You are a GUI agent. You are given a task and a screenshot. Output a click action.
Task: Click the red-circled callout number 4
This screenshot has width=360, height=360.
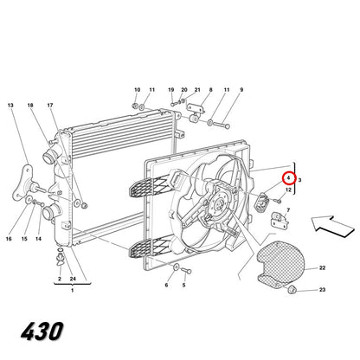pyautogui.click(x=288, y=178)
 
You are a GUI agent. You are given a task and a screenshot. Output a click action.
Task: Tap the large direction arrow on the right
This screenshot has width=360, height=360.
pyautogui.click(x=332, y=227)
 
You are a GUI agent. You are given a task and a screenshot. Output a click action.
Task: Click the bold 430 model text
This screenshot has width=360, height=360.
pyautogui.click(x=42, y=331)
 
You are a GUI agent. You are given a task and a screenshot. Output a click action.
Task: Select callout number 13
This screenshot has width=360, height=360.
pyautogui.click(x=10, y=106)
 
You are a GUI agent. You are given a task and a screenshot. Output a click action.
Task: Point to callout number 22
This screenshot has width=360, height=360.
pyautogui.click(x=322, y=268)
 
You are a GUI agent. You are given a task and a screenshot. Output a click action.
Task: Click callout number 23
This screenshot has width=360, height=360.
pyautogui.click(x=322, y=290)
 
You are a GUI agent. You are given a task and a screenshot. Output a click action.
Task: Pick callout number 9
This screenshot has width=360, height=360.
pyautogui.click(x=241, y=90)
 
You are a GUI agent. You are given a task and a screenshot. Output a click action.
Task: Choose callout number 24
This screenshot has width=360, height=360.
pyautogui.click(x=73, y=279)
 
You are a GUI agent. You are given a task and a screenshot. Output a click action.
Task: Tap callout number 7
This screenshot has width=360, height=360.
pyautogui.click(x=288, y=210)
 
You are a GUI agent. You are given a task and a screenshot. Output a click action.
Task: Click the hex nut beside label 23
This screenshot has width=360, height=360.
pyautogui.click(x=292, y=289)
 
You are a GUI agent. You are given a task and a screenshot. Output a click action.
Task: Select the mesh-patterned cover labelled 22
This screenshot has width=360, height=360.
pyautogui.click(x=280, y=262)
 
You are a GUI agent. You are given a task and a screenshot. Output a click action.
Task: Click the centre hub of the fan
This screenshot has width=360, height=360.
pyautogui.click(x=217, y=205)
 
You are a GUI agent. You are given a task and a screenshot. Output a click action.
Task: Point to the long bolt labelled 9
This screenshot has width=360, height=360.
pyautogui.click(x=219, y=125)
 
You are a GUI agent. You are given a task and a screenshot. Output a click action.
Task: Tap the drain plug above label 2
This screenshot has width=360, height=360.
pyautogui.click(x=61, y=258)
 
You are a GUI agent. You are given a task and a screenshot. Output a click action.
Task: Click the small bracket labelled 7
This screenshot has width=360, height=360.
pyautogui.click(x=280, y=221)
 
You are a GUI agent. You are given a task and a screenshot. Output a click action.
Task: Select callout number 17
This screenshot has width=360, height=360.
pyautogui.click(x=50, y=106)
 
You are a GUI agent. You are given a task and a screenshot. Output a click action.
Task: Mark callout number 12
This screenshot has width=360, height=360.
pyautogui.click(x=288, y=190)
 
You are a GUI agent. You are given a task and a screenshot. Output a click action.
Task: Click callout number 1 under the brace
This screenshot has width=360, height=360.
pyautogui.click(x=72, y=291)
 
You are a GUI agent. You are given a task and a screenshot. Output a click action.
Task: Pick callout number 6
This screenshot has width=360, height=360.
pyautogui.click(x=166, y=286)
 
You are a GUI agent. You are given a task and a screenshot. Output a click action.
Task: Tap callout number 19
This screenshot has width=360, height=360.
pyautogui.click(x=171, y=90)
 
